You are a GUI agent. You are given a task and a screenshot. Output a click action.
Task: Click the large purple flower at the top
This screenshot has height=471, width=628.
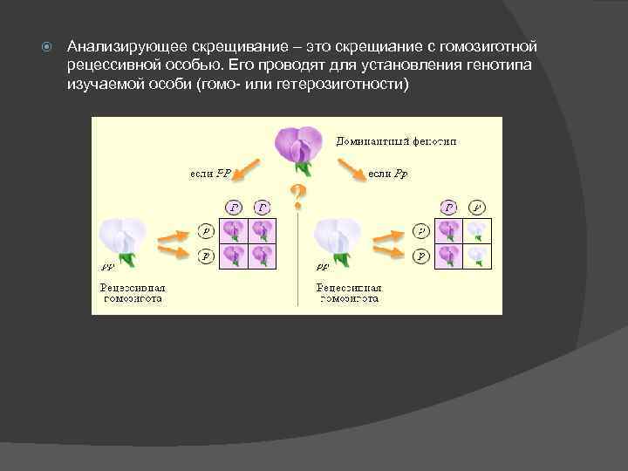click(298, 146)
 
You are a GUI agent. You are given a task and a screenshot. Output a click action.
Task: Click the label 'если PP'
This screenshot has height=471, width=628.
click(210, 174)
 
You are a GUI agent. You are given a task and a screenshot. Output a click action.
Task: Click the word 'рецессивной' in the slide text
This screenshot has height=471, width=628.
click(110, 65)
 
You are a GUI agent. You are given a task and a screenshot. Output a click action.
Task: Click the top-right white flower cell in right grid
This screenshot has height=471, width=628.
click(475, 229)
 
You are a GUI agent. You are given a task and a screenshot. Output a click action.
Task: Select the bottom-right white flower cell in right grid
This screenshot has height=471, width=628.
click(475, 255)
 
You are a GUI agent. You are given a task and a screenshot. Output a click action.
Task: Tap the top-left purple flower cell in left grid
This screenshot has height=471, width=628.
click(235, 229)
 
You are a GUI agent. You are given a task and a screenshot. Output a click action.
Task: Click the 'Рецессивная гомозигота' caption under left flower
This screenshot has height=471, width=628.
click(133, 291)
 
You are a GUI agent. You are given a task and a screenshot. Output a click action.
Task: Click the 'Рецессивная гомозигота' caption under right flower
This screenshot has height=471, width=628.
click(349, 291)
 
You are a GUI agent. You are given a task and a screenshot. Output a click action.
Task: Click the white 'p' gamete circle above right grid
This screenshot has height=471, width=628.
click(476, 207)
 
